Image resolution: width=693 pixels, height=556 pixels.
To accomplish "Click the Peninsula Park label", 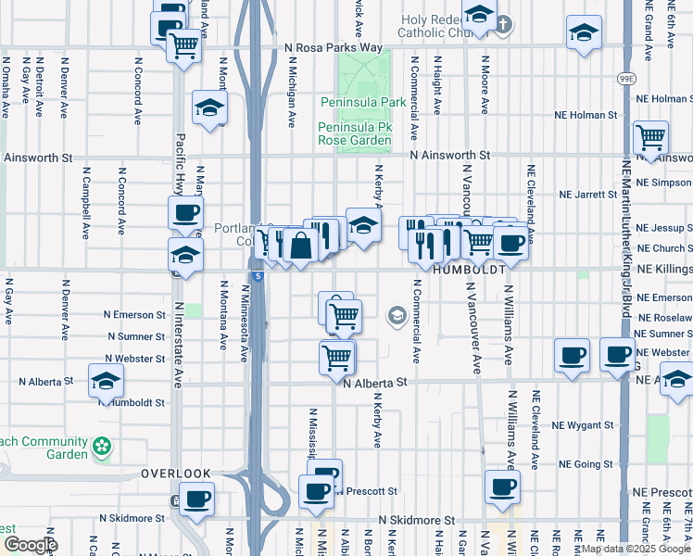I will click(x=354, y=101).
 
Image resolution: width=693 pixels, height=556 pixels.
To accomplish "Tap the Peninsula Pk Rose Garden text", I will click(x=354, y=133).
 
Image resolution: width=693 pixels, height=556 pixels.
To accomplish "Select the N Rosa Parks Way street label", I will click(x=334, y=47).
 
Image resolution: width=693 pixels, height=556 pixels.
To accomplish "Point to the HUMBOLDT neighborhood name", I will click(x=469, y=270).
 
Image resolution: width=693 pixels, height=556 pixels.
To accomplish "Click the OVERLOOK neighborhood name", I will click(x=177, y=474).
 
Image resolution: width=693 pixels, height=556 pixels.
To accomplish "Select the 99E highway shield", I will click(x=627, y=80).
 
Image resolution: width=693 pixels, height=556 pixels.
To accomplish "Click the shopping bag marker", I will click(x=301, y=246).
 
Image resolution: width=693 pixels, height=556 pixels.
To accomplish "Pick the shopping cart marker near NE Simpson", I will click(x=651, y=138).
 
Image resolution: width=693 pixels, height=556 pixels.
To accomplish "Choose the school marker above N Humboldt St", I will click(x=106, y=380).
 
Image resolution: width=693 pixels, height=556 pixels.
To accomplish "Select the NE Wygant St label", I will click(x=583, y=425).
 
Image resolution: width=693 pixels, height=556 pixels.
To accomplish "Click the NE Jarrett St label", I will click(x=588, y=195).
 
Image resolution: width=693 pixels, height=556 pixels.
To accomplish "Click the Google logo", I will click(x=30, y=545).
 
